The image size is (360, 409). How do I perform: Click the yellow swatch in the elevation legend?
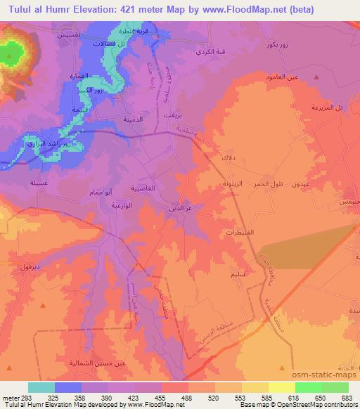tap(281, 387)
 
